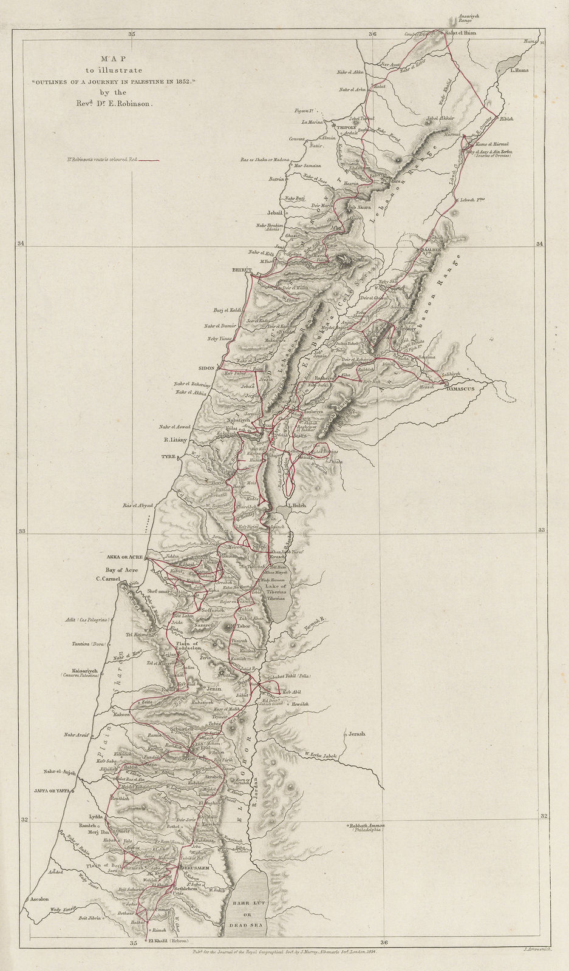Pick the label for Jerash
(358, 734)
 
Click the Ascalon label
(36, 899)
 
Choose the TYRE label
(168, 455)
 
